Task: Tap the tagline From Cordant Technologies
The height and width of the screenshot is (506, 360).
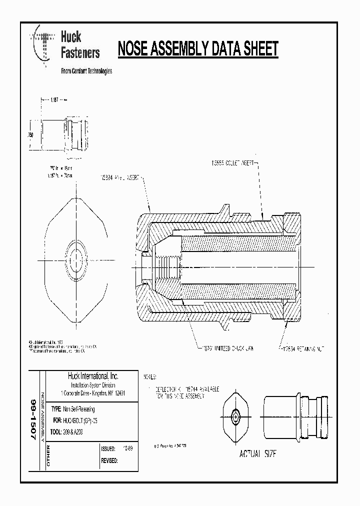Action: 86,71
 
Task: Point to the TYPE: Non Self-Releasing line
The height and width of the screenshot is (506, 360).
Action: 75,408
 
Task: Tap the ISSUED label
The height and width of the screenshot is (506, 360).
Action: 108,448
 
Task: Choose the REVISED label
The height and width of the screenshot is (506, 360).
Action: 109,460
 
